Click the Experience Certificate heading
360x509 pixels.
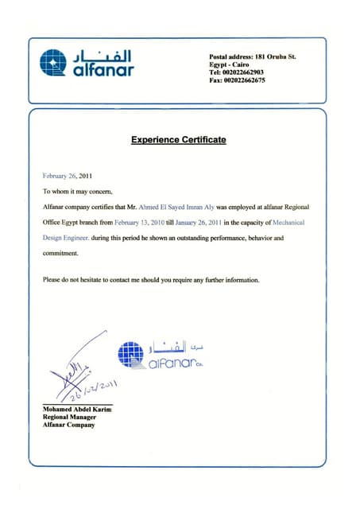179,140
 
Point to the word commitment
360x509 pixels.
60,254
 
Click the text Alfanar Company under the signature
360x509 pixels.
68,425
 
